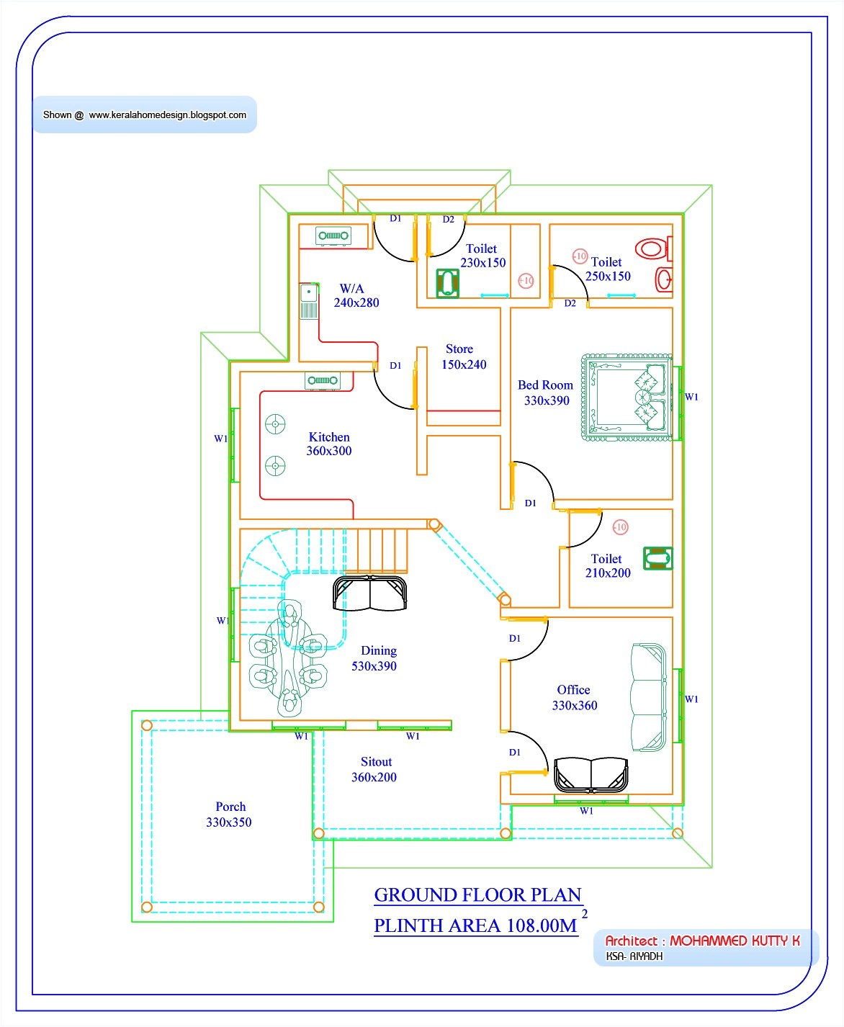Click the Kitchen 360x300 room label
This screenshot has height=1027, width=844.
point(329,444)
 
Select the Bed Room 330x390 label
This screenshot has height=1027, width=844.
point(546,393)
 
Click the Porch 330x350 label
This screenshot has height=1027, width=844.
point(229,815)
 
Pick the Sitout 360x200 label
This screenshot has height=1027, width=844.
point(374,769)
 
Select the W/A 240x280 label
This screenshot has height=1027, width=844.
point(355,296)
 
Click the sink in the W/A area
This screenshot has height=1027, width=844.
point(309,302)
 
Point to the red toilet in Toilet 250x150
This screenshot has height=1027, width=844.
point(651,250)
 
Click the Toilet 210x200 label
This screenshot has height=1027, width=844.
point(607,566)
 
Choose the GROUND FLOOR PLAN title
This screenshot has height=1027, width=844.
point(477,895)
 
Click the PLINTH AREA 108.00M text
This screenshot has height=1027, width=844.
point(475,925)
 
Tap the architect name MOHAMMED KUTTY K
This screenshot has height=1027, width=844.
point(735,941)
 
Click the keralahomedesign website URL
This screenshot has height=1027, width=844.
point(167,115)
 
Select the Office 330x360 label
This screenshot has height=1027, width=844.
point(574,698)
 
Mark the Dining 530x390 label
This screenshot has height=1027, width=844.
point(374,658)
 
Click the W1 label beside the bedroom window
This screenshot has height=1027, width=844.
point(691,397)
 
